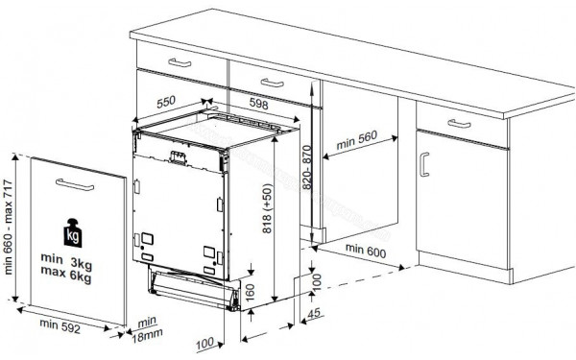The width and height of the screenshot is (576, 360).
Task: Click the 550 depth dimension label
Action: coord(166,99)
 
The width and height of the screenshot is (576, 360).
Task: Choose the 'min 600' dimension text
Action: coord(366,251)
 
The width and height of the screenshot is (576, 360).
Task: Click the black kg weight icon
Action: coord(72,233)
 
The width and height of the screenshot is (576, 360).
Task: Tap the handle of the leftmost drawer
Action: coord(181,61)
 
